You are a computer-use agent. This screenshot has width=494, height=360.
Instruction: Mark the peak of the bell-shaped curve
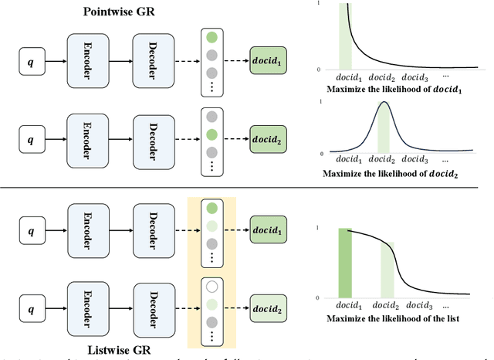(x=384, y=104)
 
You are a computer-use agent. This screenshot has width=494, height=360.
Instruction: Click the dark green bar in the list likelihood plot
(x=343, y=263)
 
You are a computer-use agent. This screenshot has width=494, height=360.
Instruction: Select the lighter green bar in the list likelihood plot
(x=384, y=270)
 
